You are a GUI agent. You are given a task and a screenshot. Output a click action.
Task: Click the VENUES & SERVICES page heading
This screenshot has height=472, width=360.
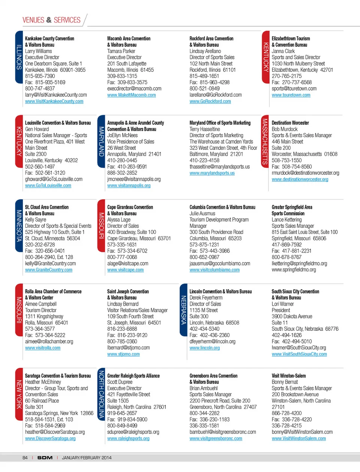(51, 20)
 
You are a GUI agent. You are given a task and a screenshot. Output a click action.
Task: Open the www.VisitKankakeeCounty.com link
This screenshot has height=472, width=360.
(54, 102)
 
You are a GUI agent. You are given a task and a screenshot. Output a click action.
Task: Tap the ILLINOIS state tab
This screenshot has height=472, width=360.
(19, 57)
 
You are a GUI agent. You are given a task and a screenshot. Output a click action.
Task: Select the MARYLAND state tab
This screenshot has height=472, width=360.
(101, 141)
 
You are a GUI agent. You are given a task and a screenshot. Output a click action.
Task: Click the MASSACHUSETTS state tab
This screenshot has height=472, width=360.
(265, 141)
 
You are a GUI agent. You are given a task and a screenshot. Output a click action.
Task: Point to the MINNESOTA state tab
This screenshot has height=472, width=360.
(19, 226)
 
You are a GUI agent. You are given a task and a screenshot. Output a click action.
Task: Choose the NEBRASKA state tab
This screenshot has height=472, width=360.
(183, 310)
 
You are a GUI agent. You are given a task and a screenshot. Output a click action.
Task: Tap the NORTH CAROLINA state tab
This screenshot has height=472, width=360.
(101, 394)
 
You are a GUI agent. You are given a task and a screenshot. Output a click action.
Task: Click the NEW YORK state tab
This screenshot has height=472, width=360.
(19, 394)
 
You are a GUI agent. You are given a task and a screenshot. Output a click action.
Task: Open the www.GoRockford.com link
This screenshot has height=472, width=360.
(210, 102)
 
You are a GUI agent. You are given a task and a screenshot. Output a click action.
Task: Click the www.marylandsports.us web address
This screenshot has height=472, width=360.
(212, 173)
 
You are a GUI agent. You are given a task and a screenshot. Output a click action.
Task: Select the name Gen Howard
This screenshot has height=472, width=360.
(37, 129)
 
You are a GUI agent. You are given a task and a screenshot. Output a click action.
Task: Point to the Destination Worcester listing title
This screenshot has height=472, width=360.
(290, 123)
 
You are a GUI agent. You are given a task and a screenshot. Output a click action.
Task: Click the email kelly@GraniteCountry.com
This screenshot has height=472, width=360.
(50, 264)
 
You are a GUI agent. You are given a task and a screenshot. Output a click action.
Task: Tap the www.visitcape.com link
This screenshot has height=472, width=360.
(125, 270)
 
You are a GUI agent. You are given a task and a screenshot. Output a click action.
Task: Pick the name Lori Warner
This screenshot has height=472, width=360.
(283, 304)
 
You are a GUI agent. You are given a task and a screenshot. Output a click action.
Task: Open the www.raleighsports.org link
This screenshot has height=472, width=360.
(128, 439)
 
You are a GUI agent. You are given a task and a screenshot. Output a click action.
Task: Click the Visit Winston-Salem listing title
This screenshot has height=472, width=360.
(288, 376)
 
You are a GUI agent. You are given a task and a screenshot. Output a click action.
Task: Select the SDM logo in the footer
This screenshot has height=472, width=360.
(45, 458)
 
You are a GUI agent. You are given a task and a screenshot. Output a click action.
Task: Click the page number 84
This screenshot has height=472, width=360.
(25, 458)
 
